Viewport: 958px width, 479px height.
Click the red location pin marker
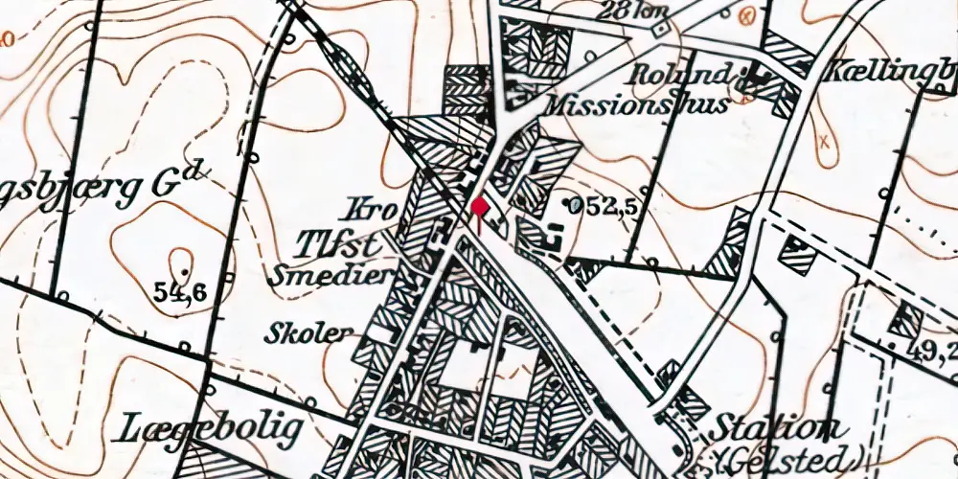pyautogui.click(x=480, y=209)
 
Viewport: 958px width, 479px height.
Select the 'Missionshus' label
pyautogui.click(x=636, y=103)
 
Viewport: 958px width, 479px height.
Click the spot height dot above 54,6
pyautogui.click(x=182, y=256)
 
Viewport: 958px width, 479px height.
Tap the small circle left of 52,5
pyautogui.click(x=572, y=204)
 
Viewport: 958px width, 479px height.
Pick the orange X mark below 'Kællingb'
pyautogui.click(x=823, y=142)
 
